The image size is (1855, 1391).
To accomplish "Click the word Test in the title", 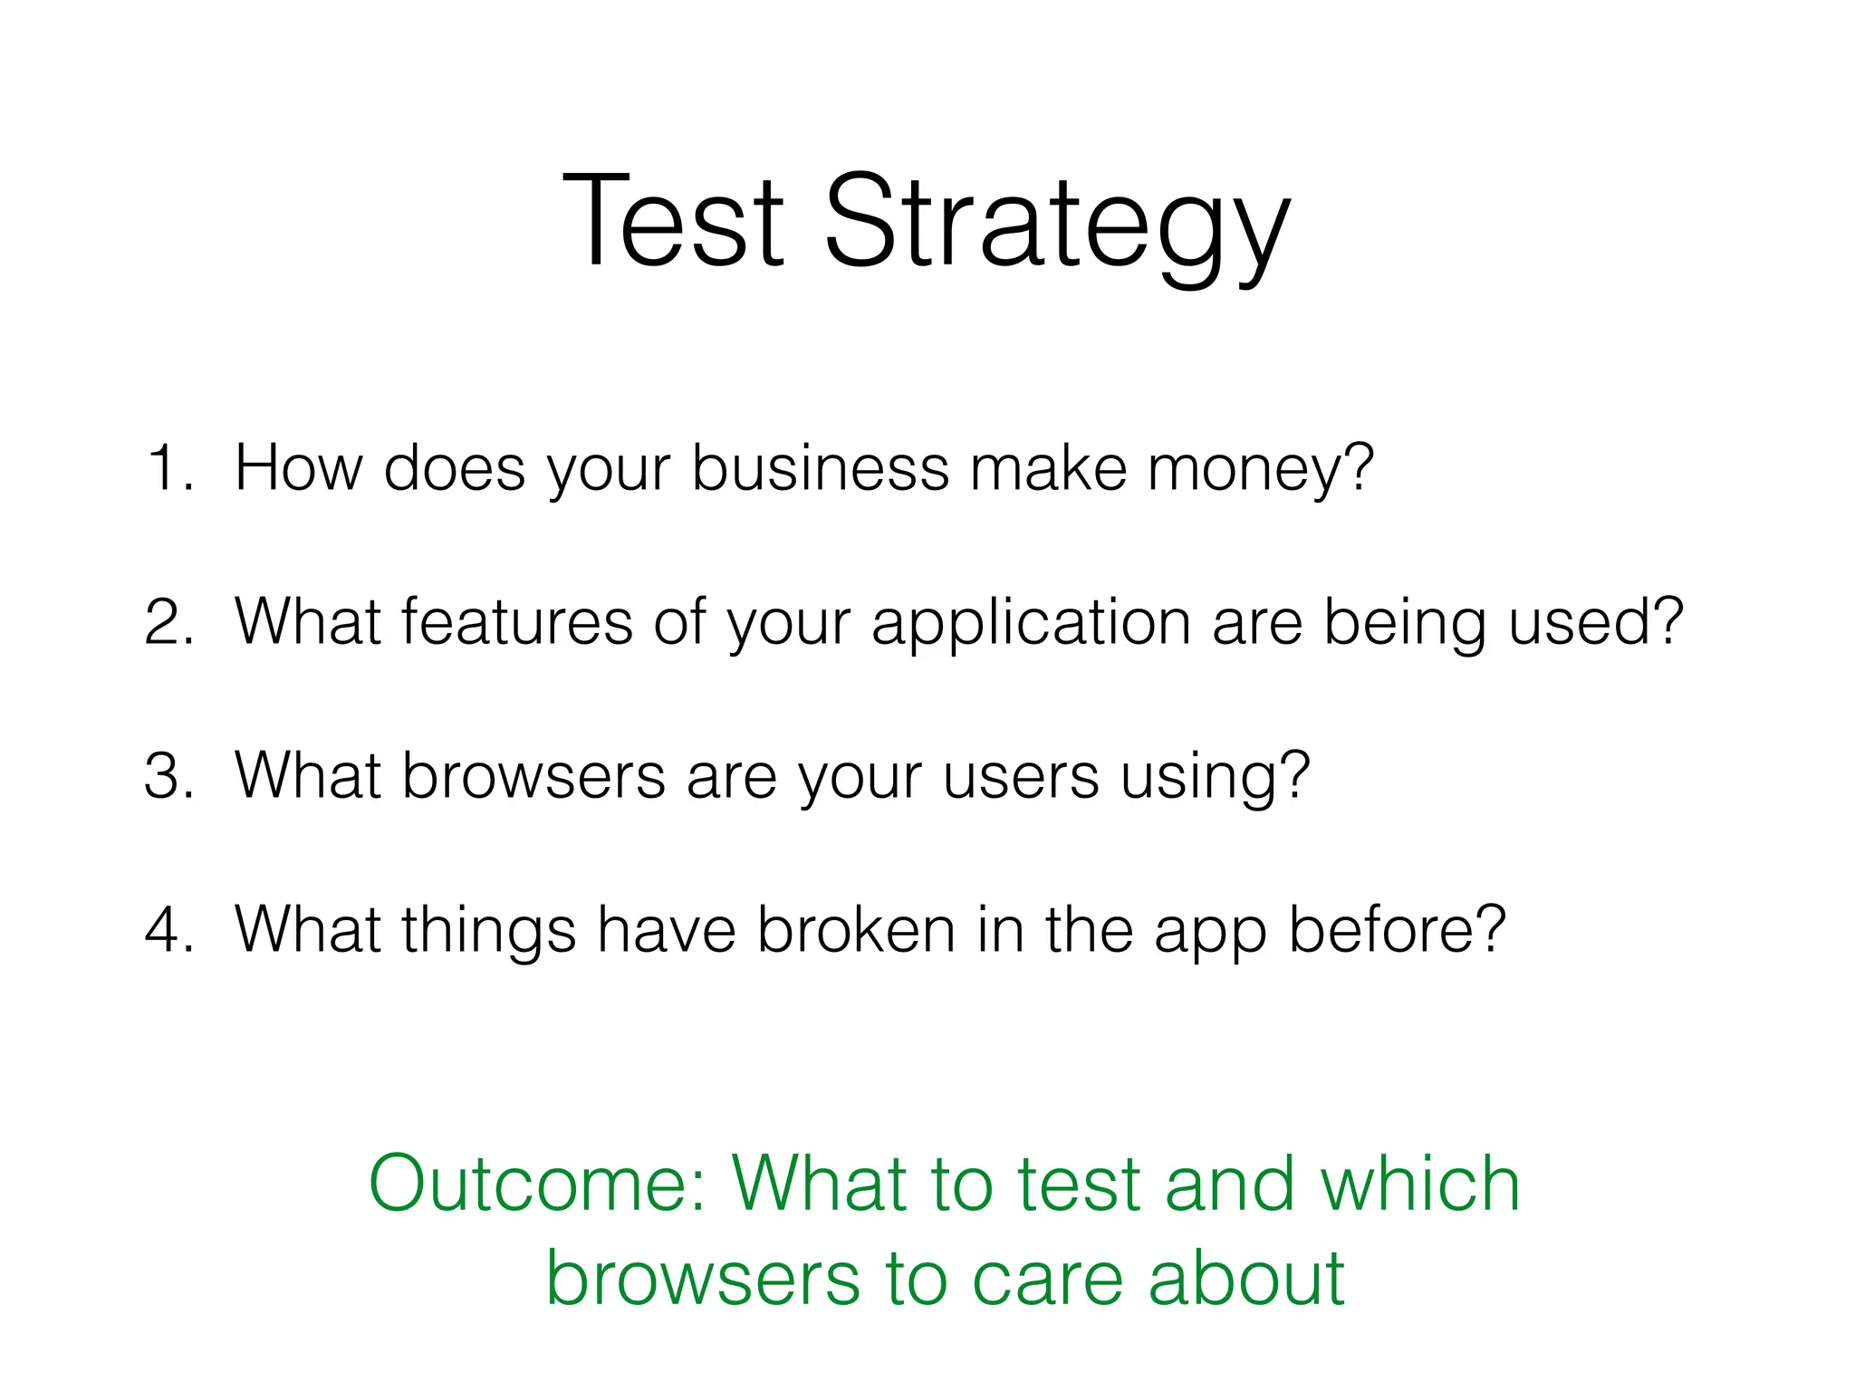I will coord(672,222).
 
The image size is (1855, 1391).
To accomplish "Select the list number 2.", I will coord(168,622).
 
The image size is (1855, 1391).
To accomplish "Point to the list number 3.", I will coord(168,776).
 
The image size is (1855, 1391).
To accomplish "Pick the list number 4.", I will coord(168,930).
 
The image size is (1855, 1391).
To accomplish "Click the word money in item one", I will coord(1259,471).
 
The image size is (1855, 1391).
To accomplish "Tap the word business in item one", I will coord(820,468).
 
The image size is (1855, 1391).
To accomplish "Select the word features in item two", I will coord(516,622).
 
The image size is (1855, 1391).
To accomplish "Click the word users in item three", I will coord(1020,778).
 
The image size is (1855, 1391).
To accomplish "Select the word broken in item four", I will coord(856,930).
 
